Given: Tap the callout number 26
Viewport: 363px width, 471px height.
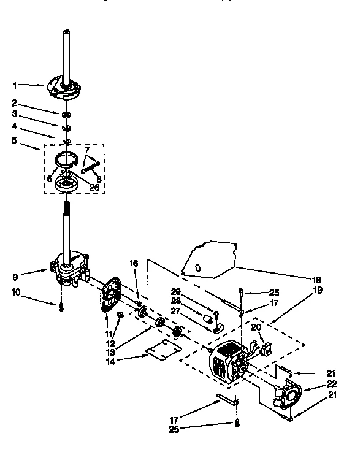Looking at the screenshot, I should (94, 187).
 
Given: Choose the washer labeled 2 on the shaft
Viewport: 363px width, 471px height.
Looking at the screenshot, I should (66, 115).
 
